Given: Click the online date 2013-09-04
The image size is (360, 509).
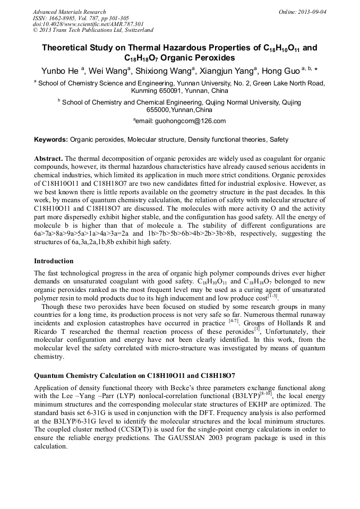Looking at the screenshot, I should (311, 12).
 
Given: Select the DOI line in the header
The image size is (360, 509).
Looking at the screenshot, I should (88, 24).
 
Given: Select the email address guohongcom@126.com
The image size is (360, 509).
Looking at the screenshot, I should (190, 121).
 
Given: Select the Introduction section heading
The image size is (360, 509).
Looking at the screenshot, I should (54, 261).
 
